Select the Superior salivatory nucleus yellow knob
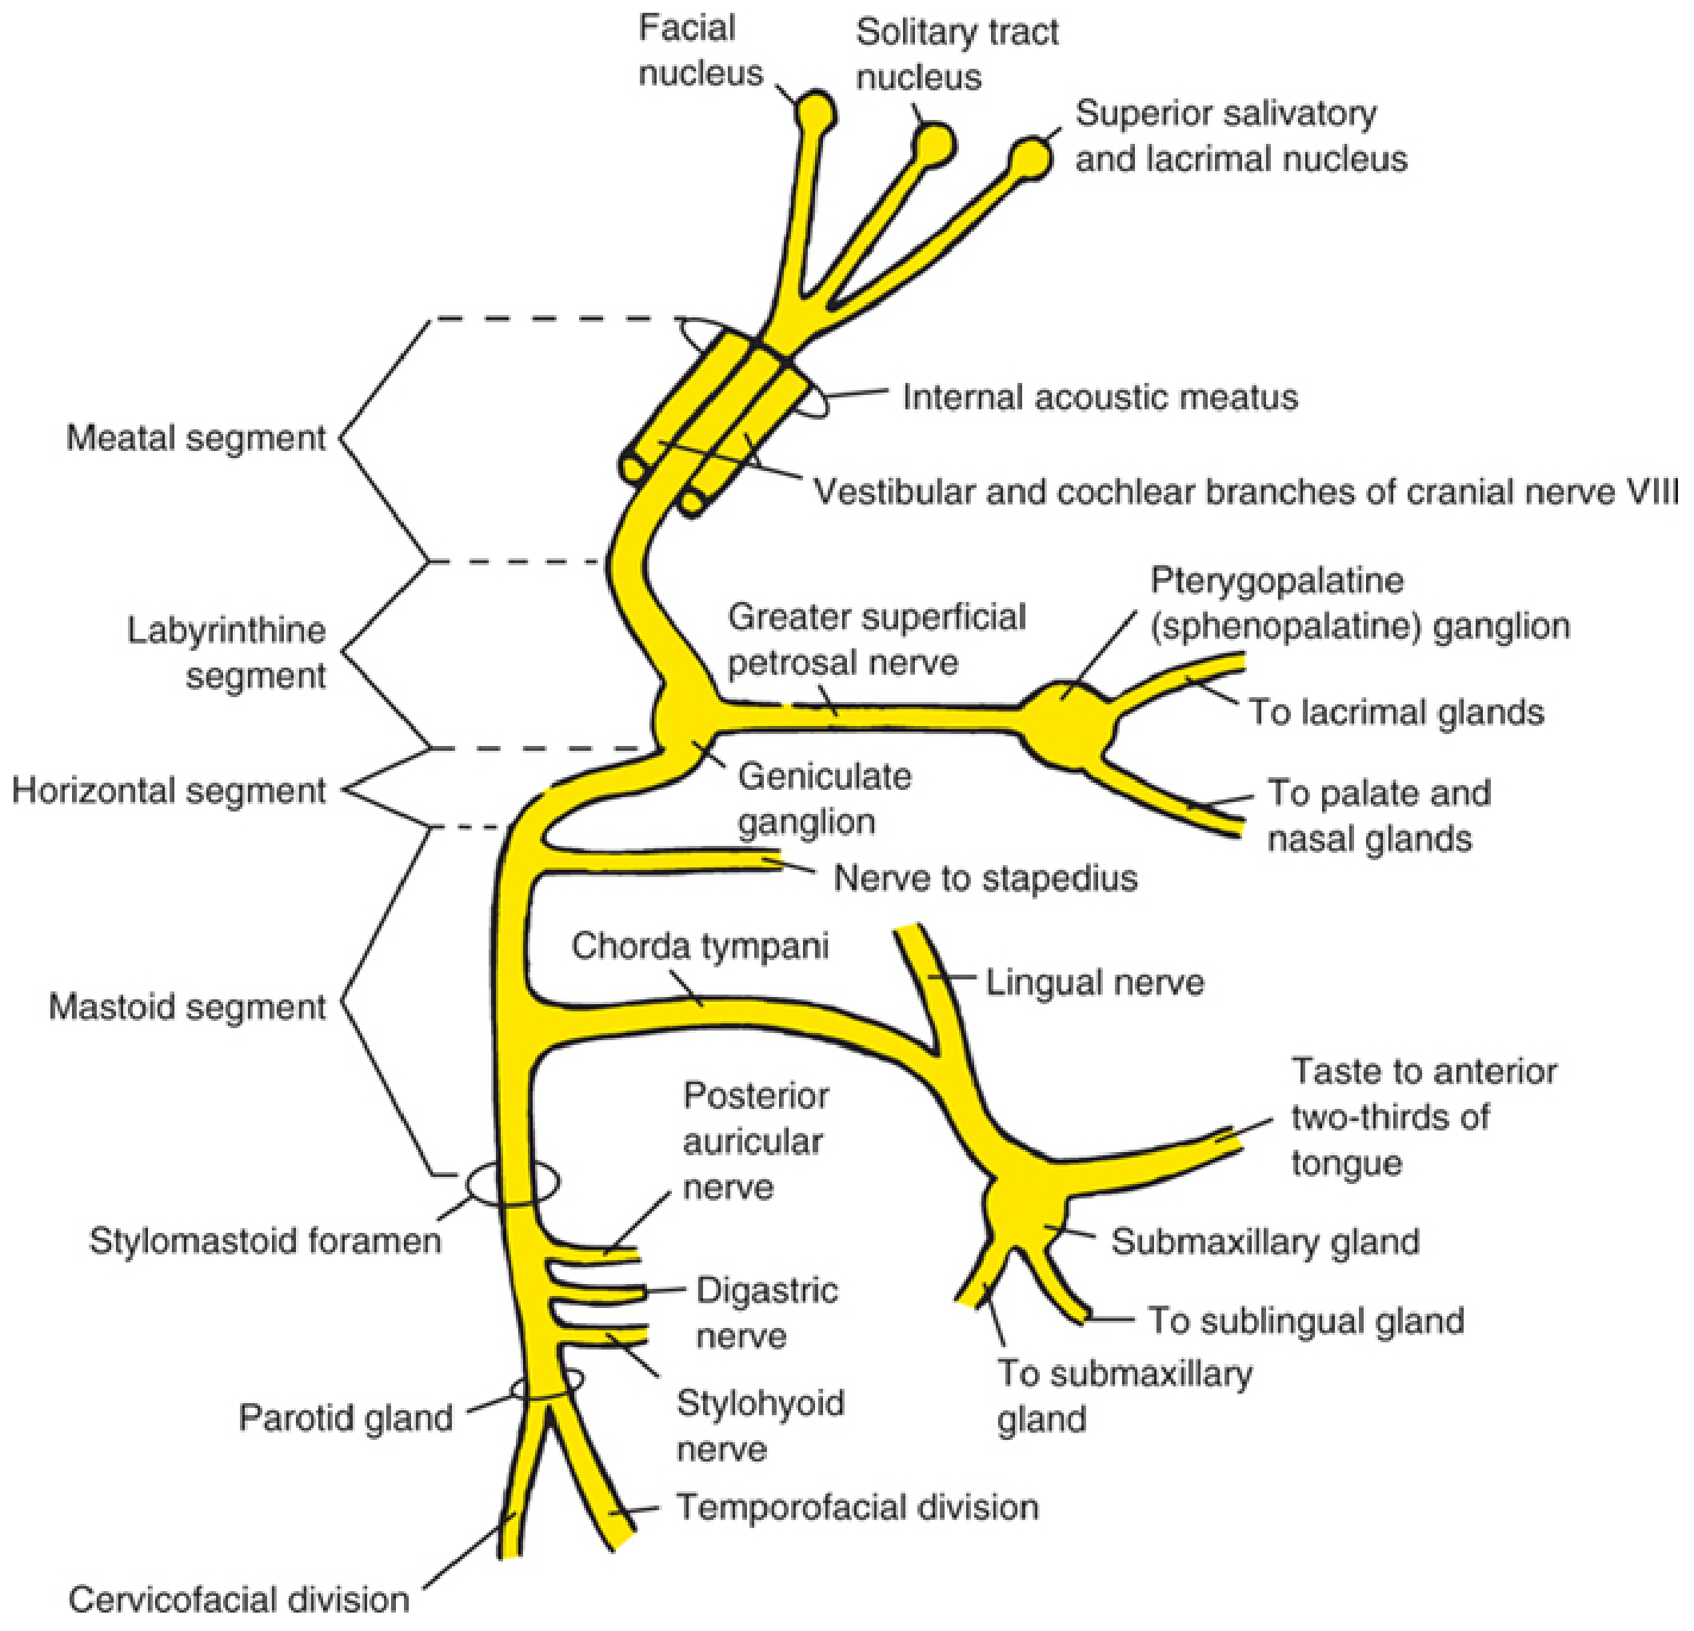coord(1030,158)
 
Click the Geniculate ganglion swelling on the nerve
coord(683,716)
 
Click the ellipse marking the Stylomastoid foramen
coord(513,1182)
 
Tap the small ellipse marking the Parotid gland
coord(546,1383)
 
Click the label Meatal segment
coord(196,438)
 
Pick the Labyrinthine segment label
coord(226,653)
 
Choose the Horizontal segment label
coord(170,791)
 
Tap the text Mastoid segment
coord(186,1007)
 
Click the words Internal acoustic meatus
coord(1100,397)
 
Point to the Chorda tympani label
coord(700,946)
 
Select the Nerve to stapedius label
coord(985,878)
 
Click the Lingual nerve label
coord(1094,983)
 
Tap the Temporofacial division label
coord(857,1507)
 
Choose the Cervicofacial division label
coord(238,1600)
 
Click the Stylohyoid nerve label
coord(760,1426)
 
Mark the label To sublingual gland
coord(1306,1320)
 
